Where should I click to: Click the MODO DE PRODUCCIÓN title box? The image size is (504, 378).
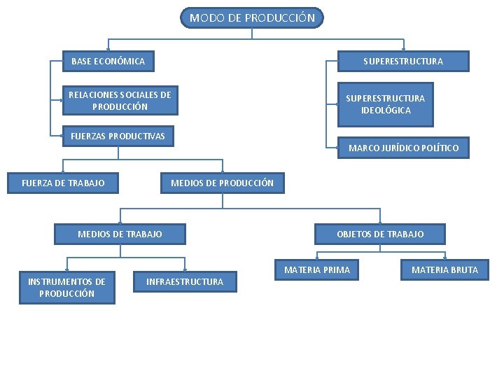point(252,17)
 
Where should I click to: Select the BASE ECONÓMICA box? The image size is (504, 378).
point(108,62)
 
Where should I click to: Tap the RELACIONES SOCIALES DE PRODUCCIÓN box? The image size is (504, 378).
point(120,101)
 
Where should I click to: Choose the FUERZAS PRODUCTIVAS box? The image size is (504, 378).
point(118,136)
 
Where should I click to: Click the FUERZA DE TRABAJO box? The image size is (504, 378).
point(63,183)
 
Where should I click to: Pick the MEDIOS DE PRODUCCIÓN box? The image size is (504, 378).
point(222,183)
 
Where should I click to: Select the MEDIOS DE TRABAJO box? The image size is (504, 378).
point(120,234)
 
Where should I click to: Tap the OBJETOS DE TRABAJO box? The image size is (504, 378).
point(380,234)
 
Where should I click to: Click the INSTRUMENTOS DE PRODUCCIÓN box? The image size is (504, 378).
point(66,288)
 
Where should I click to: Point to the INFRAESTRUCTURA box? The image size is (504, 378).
point(185,282)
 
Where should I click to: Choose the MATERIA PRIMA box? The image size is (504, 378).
point(317,269)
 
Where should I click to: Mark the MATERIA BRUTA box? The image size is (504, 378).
point(444,269)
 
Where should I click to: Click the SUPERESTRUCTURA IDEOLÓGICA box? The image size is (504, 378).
point(385,104)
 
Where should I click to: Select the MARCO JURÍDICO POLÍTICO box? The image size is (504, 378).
point(403,148)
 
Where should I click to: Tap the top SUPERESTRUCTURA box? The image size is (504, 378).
point(402,62)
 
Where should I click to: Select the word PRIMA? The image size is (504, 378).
point(336,269)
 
